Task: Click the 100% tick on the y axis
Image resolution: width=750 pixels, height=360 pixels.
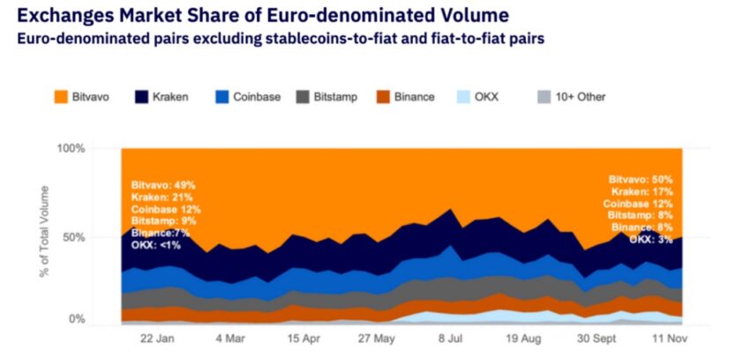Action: coord(71,148)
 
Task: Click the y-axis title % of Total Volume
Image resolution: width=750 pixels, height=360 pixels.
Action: coord(45,231)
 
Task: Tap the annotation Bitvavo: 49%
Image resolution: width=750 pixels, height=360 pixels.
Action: coord(163,185)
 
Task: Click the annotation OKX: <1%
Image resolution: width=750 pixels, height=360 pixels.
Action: coord(155,245)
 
